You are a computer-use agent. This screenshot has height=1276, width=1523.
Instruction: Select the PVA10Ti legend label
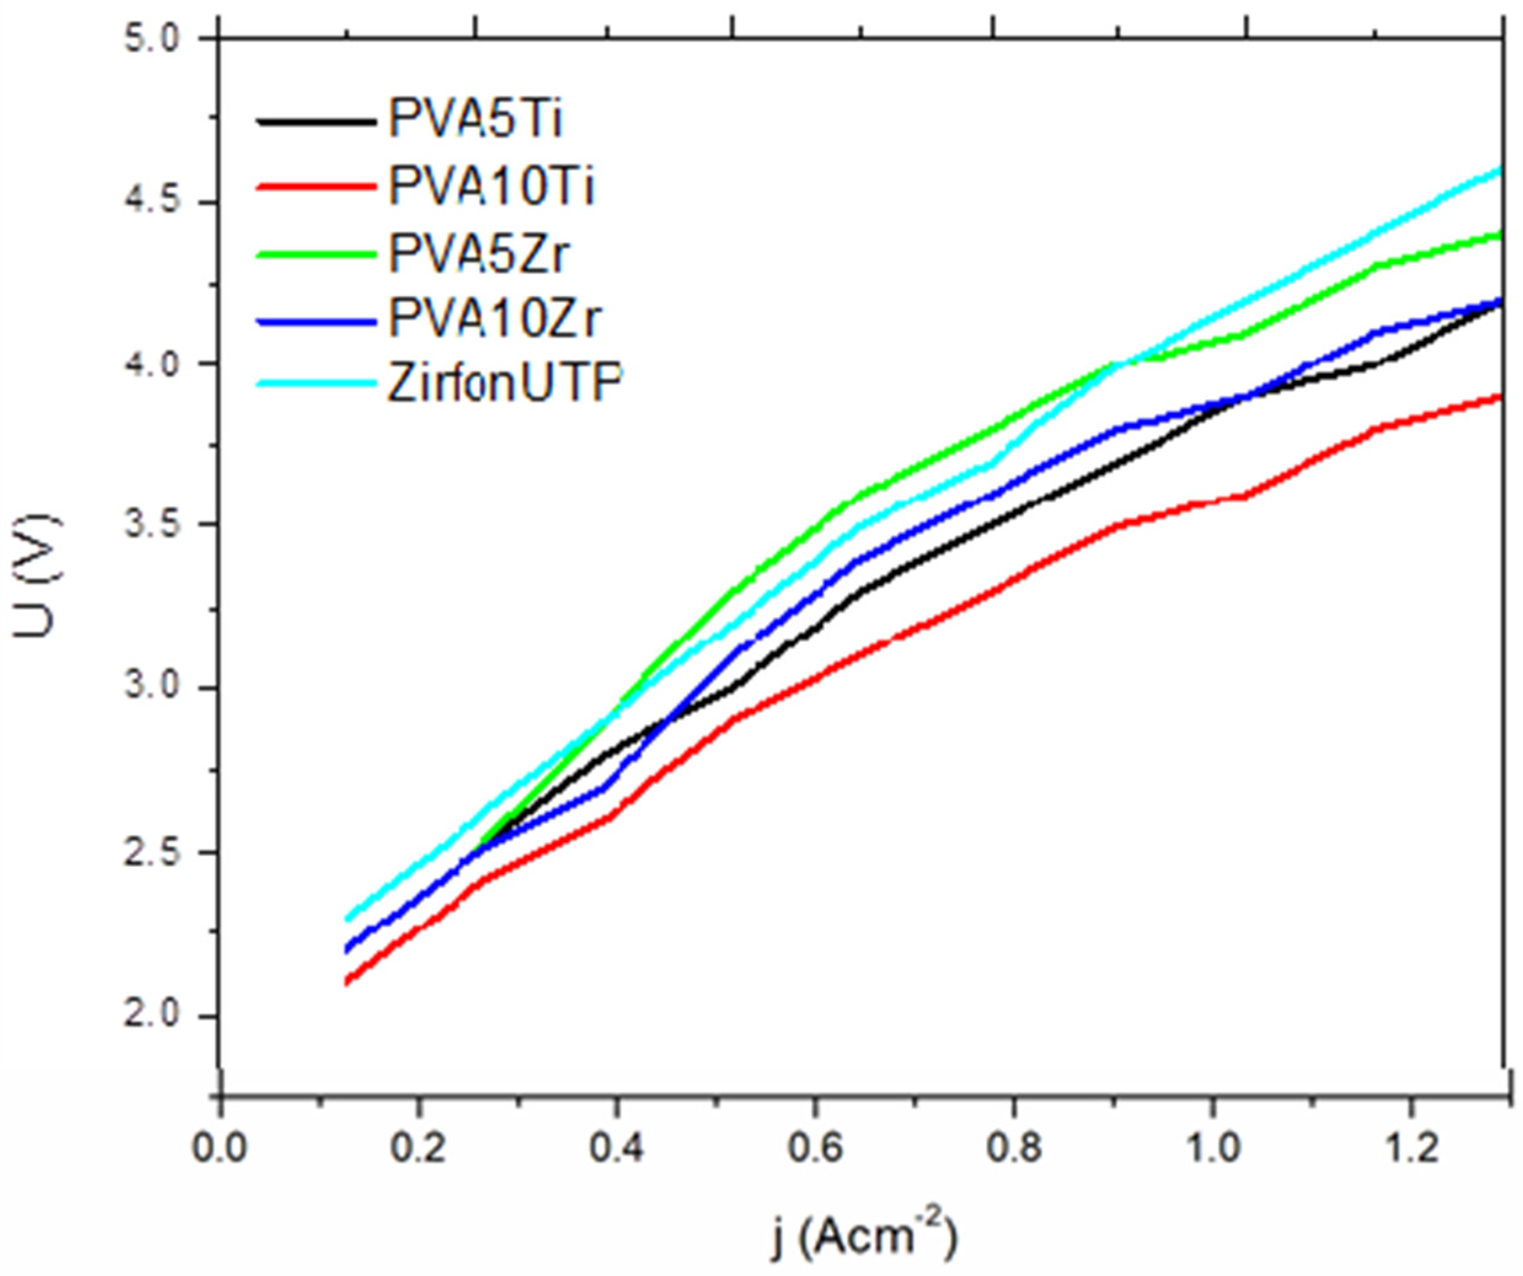pos(491,186)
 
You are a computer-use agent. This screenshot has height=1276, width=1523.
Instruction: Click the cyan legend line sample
pos(317,383)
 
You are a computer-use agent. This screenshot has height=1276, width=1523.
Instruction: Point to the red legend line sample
pos(317,186)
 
